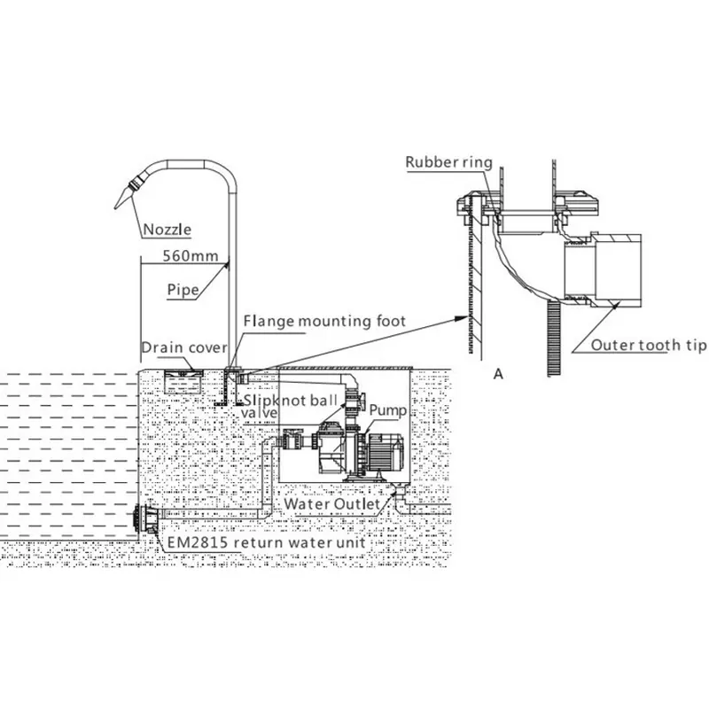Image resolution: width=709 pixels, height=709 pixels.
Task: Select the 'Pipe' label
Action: [183, 289]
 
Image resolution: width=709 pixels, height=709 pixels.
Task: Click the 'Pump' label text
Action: [387, 410]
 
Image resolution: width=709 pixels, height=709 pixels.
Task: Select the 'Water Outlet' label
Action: [331, 504]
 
